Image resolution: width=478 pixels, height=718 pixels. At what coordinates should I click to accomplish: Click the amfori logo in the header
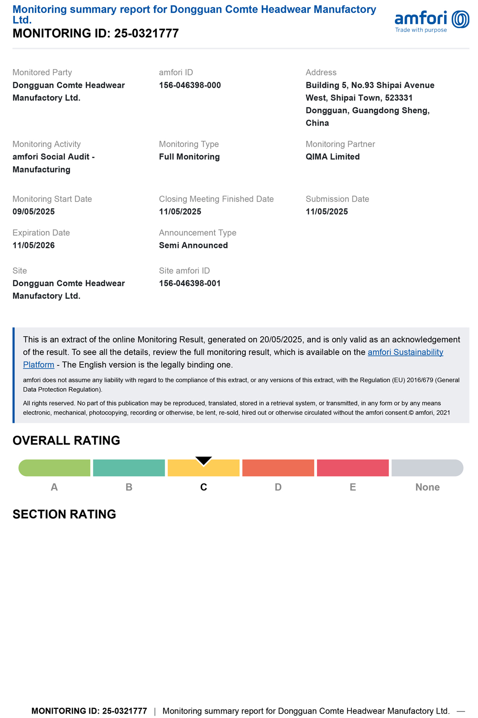(432, 21)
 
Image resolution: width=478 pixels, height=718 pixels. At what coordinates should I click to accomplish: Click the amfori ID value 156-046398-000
(190, 86)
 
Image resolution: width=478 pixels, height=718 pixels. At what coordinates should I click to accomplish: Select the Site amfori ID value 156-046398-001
(190, 283)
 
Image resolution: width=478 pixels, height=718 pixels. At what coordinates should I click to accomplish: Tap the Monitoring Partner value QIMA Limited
(333, 157)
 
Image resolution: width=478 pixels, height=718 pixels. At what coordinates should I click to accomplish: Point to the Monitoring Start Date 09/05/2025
(33, 212)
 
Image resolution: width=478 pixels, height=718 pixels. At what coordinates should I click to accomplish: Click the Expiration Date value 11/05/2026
(33, 246)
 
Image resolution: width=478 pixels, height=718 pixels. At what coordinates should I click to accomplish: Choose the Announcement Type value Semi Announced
(193, 246)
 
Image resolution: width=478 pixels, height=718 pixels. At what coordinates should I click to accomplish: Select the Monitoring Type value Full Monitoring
(189, 157)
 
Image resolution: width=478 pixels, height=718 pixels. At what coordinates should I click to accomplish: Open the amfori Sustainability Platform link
(405, 353)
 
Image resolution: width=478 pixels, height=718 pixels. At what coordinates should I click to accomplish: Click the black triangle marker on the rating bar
(204, 461)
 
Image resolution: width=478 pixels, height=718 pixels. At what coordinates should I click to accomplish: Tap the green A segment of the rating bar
(54, 468)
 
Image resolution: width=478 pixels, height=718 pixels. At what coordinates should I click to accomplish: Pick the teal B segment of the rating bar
(129, 468)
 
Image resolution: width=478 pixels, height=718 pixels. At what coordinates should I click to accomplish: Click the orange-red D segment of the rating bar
(278, 468)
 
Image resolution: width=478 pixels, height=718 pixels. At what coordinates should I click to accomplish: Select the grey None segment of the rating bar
(427, 468)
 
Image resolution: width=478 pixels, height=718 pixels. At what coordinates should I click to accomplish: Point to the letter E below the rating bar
(353, 487)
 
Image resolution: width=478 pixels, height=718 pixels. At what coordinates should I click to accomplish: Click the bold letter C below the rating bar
(204, 487)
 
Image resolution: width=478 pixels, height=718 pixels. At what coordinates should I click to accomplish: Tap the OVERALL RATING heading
(66, 440)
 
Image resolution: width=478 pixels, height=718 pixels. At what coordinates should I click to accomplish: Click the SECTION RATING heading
(65, 514)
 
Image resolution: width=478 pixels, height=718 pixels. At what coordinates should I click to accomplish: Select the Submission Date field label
(337, 199)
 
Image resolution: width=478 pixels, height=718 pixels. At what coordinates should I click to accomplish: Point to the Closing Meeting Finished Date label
(216, 199)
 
